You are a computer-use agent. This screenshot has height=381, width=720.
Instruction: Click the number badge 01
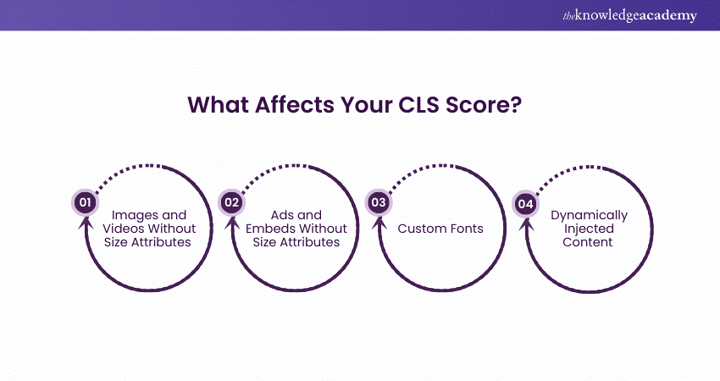click(85, 202)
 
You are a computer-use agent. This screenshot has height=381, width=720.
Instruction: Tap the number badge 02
click(232, 202)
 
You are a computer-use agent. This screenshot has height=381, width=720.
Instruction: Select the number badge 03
click(379, 202)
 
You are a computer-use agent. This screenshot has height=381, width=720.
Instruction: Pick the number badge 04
click(526, 203)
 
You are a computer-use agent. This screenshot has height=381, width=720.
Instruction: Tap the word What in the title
click(218, 105)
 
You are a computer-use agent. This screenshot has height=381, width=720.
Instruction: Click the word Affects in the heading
click(294, 105)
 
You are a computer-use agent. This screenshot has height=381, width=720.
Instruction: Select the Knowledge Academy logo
click(629, 15)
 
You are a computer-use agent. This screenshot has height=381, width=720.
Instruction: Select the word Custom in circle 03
click(419, 229)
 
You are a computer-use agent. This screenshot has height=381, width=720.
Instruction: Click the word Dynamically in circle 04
click(590, 216)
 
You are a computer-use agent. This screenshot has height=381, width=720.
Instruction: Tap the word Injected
click(590, 229)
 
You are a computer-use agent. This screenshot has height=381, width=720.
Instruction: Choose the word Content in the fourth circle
click(588, 242)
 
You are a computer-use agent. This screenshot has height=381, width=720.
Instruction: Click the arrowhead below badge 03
click(379, 223)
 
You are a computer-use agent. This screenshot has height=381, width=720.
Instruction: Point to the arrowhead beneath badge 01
click(85, 223)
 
